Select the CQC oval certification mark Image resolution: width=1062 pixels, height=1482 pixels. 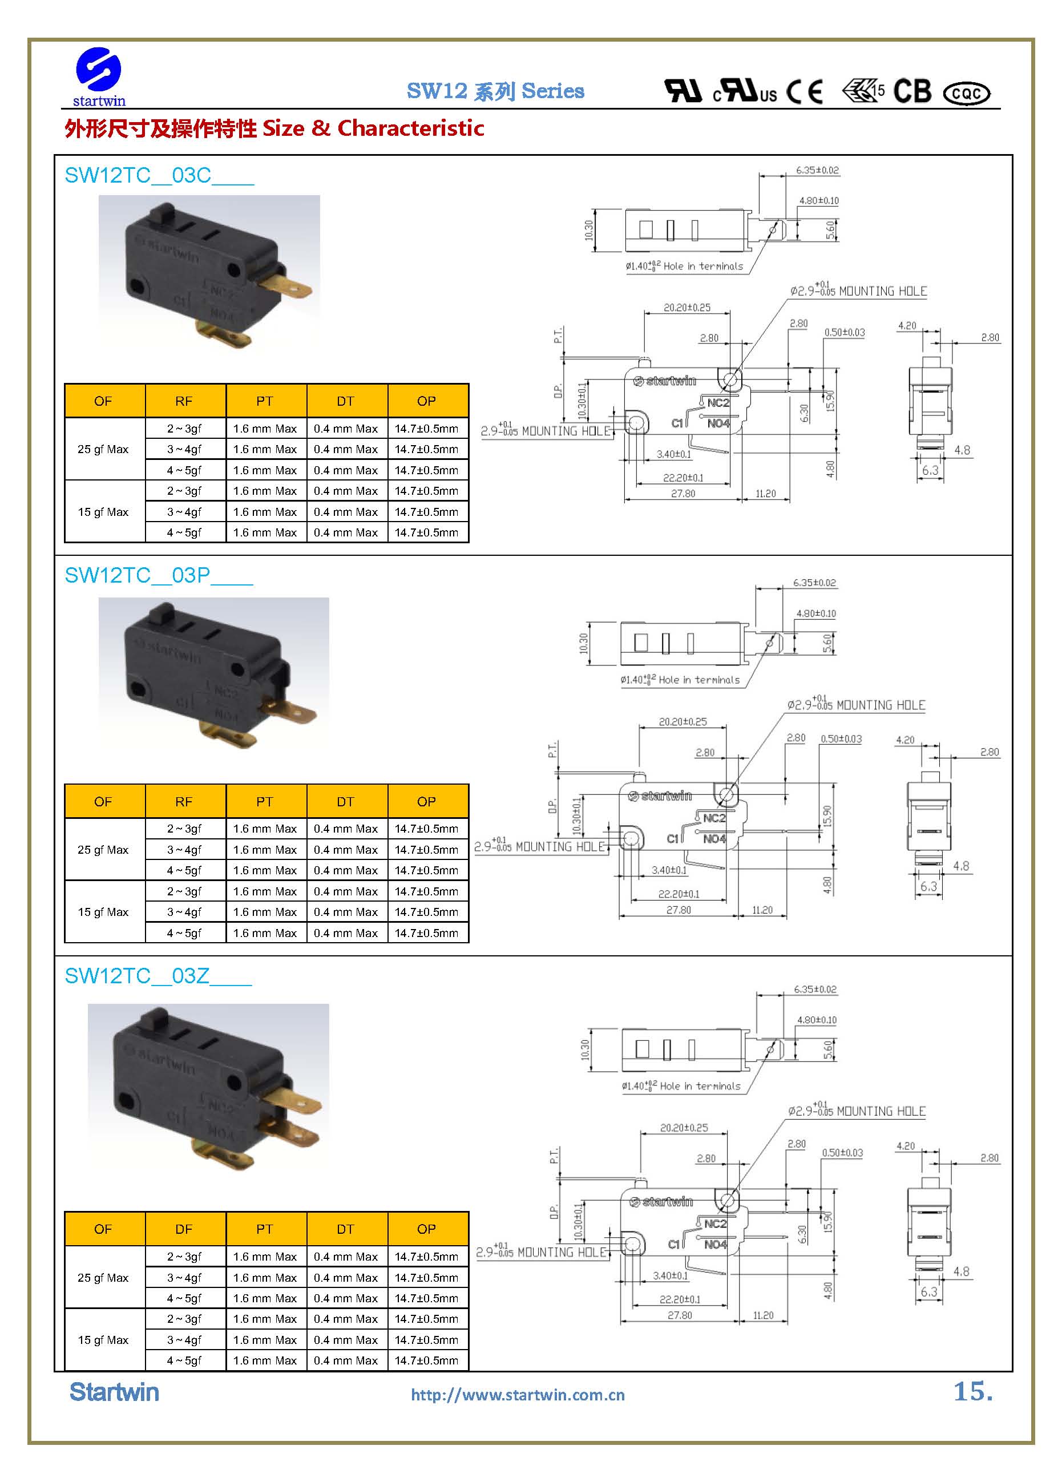(967, 94)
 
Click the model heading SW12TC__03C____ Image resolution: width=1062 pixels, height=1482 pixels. (159, 176)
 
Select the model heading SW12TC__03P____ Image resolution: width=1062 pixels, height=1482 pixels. (158, 576)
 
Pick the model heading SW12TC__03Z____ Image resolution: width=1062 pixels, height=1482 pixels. (158, 976)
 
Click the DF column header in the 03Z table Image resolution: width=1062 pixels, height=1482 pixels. (184, 1229)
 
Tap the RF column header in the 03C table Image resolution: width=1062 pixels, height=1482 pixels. (184, 401)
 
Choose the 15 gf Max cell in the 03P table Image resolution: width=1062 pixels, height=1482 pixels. (103, 912)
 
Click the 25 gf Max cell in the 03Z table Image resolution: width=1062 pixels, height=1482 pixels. (103, 1278)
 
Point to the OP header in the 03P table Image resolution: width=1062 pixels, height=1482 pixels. (426, 802)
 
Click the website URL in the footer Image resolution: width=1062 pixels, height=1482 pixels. (518, 1396)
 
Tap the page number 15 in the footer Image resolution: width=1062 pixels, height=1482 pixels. (972, 1392)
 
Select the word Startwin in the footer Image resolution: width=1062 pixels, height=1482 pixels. (114, 1393)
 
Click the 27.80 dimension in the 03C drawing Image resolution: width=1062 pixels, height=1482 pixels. (683, 494)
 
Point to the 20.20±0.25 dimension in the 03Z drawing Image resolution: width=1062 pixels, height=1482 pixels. (684, 1128)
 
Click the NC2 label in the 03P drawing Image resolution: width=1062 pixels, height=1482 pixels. (714, 818)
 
